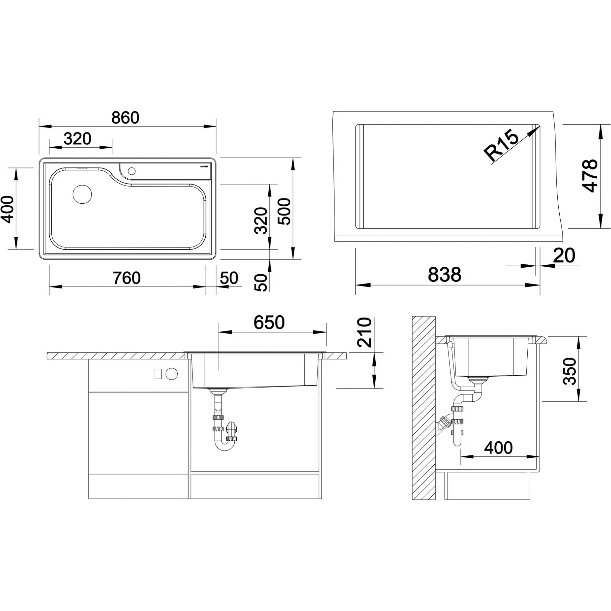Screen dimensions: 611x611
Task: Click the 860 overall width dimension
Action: (x=125, y=118)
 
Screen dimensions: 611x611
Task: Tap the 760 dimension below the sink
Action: (x=126, y=278)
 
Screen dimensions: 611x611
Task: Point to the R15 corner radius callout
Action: (x=501, y=146)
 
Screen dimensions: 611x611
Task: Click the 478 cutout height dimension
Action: (x=590, y=175)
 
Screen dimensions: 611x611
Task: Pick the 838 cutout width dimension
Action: (x=444, y=275)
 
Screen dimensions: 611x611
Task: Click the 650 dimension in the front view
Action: (x=269, y=322)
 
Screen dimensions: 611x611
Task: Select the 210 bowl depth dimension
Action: (x=364, y=332)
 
